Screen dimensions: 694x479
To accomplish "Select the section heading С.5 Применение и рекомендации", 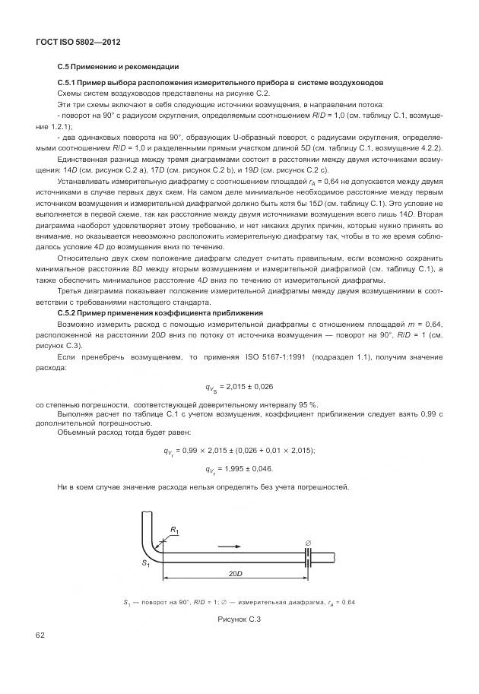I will tap(118, 67).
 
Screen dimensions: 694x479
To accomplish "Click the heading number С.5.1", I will tap(68, 81).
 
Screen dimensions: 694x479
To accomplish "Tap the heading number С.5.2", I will tap(68, 313).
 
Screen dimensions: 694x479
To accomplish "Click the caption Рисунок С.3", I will tap(239, 620).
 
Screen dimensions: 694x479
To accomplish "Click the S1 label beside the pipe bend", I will tap(144, 563).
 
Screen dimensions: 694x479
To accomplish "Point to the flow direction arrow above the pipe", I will tap(230, 545).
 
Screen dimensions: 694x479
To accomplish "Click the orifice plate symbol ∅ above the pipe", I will tap(308, 541).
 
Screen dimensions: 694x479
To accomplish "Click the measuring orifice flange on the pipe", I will tap(308, 558).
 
